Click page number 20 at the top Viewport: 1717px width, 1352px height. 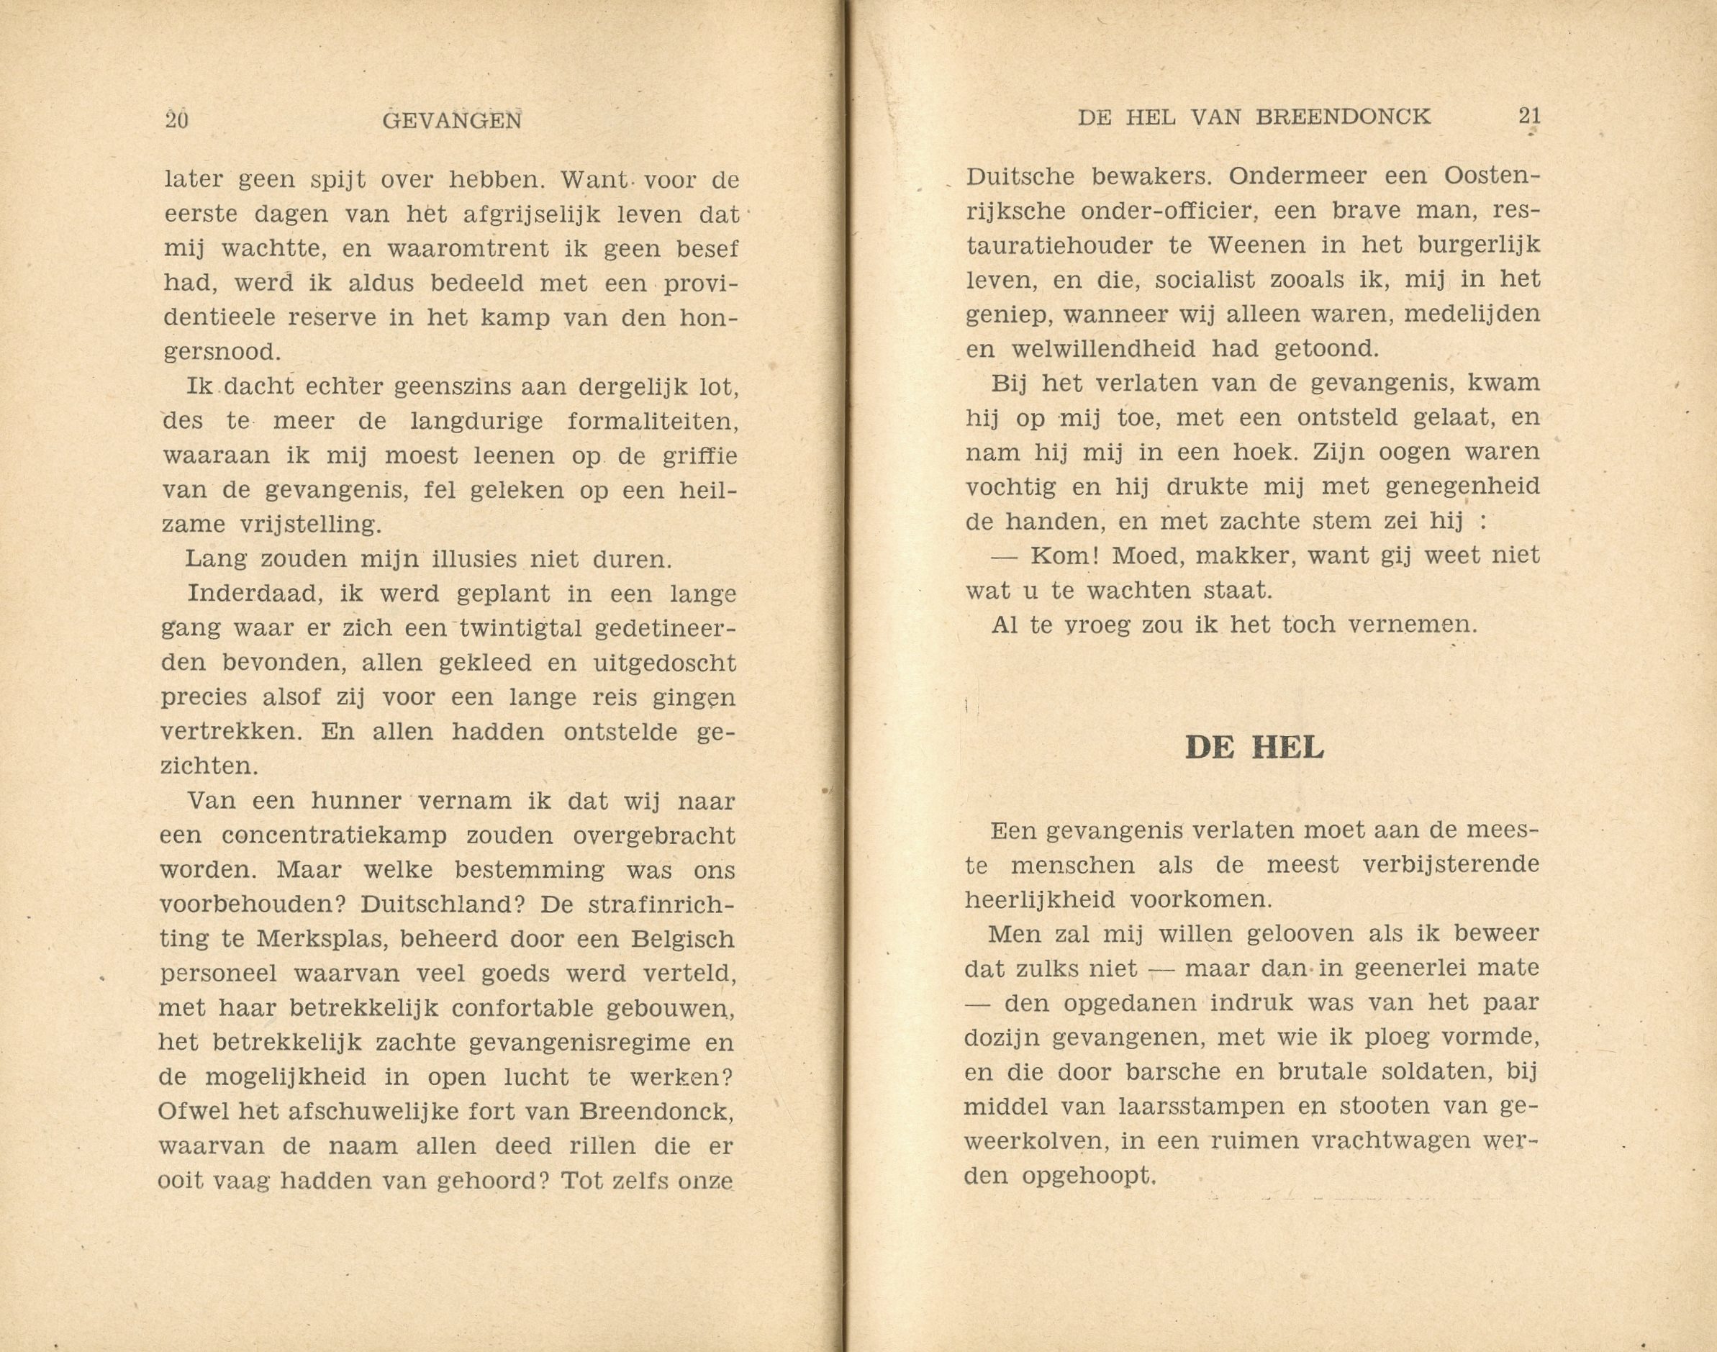pos(176,119)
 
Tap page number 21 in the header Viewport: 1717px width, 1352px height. pos(1529,117)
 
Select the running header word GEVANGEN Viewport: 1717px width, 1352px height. pos(451,119)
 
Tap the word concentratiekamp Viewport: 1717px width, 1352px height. pos(335,835)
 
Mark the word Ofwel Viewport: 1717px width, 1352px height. pos(188,1112)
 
